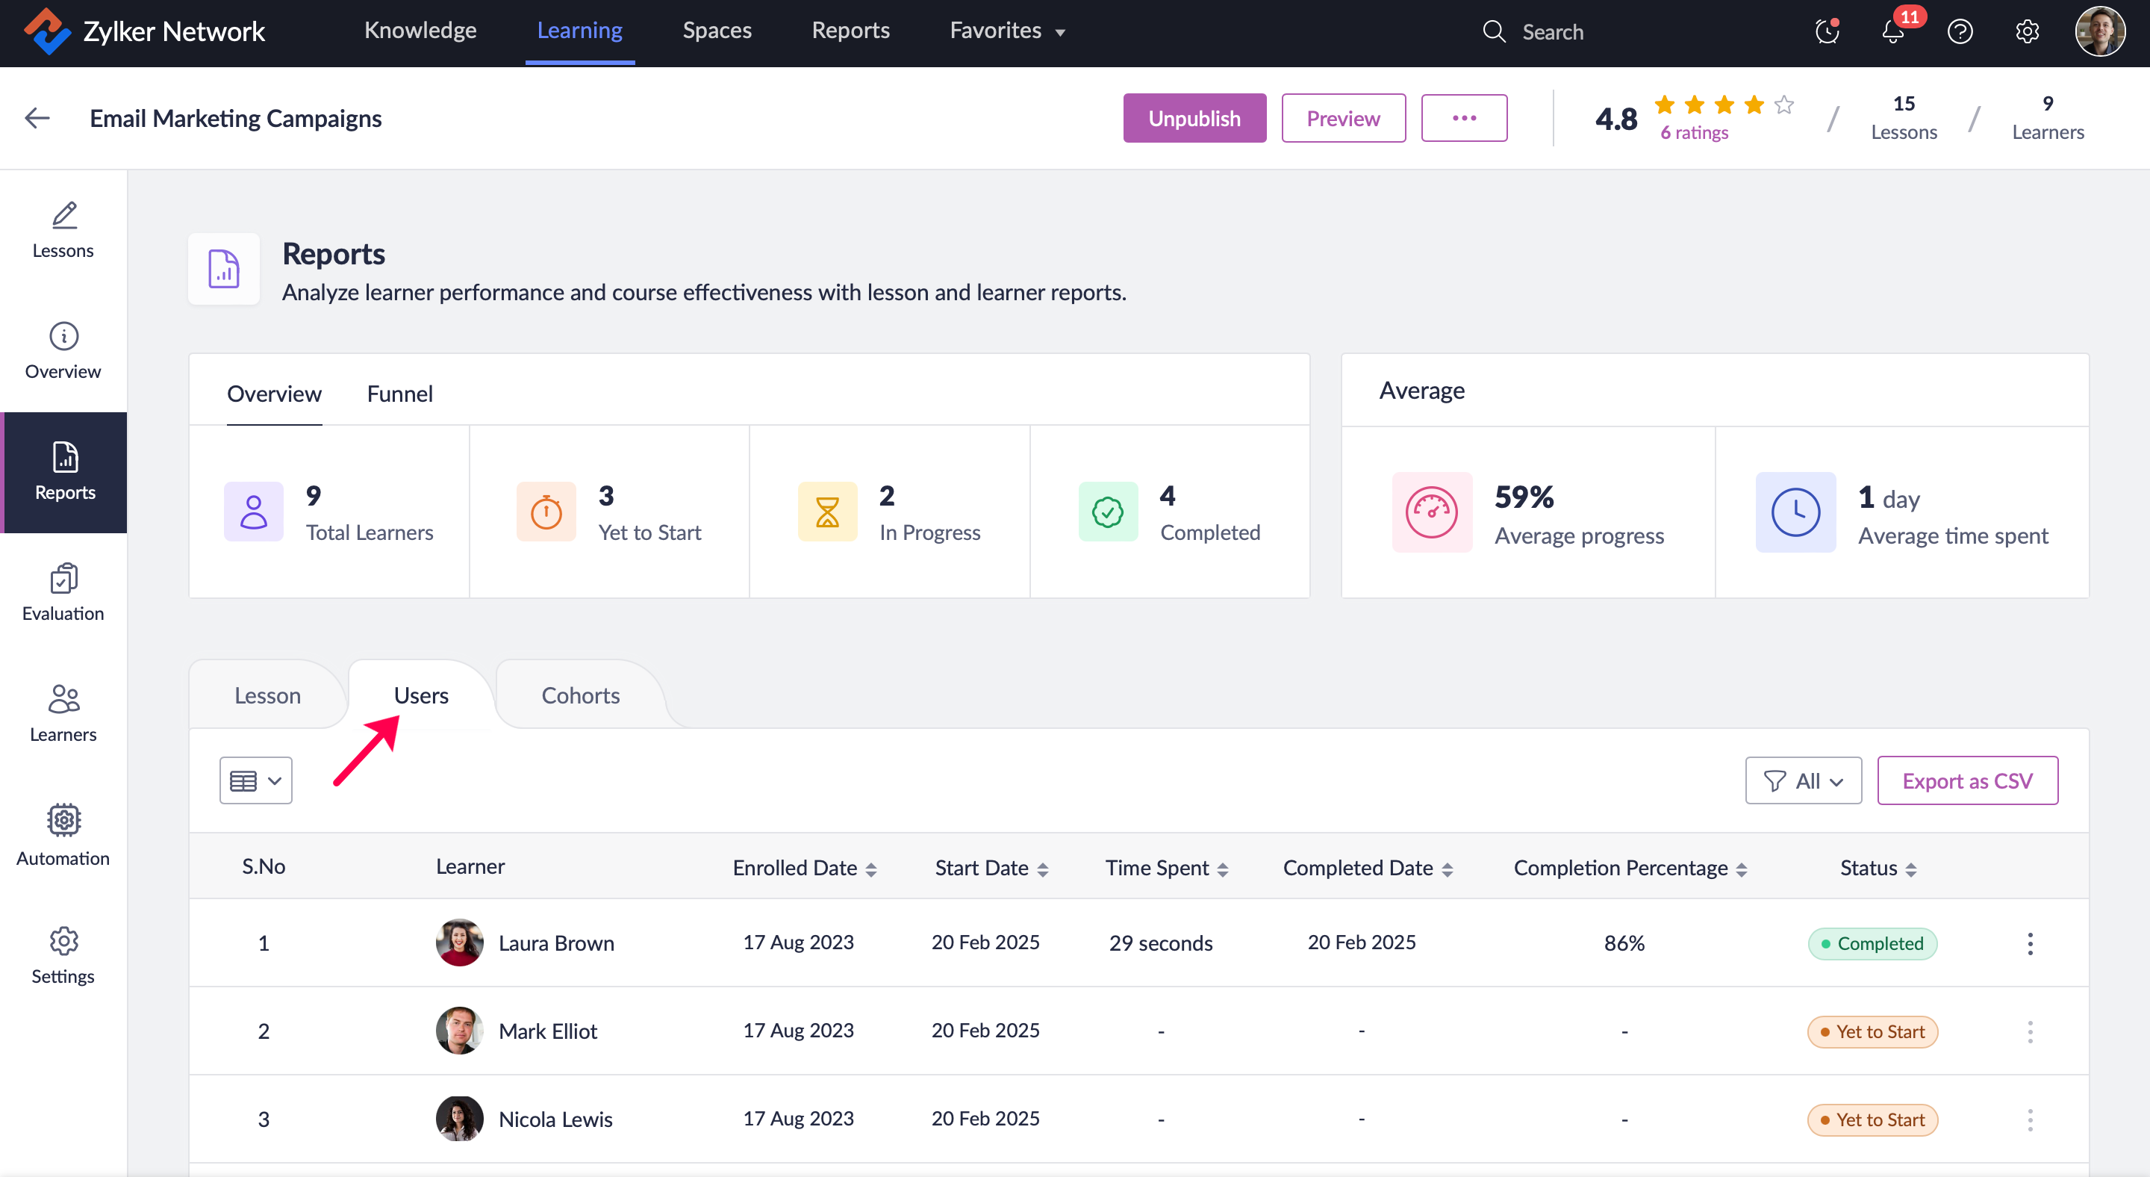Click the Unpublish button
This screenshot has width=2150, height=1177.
coord(1194,119)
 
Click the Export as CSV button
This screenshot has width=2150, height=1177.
coord(1966,780)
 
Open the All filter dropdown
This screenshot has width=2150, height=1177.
coord(1803,780)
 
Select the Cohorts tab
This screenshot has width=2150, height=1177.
coord(580,695)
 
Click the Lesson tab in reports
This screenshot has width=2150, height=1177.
coord(267,695)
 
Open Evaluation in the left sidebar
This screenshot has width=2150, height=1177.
coord(63,593)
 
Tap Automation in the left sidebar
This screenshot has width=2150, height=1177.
coord(63,835)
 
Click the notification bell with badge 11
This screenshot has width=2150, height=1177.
coord(1893,31)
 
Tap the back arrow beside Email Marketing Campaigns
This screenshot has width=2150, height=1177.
coord(37,119)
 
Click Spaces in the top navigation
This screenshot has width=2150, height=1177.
coord(717,31)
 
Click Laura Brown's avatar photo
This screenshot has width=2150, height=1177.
coord(459,942)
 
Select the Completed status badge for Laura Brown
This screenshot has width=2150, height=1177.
coord(1872,943)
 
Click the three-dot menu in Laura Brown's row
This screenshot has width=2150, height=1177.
coord(2030,943)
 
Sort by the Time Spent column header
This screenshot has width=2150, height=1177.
coord(1166,868)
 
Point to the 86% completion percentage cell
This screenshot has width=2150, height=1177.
coord(1624,943)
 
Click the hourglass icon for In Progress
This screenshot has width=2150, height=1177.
coord(827,512)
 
